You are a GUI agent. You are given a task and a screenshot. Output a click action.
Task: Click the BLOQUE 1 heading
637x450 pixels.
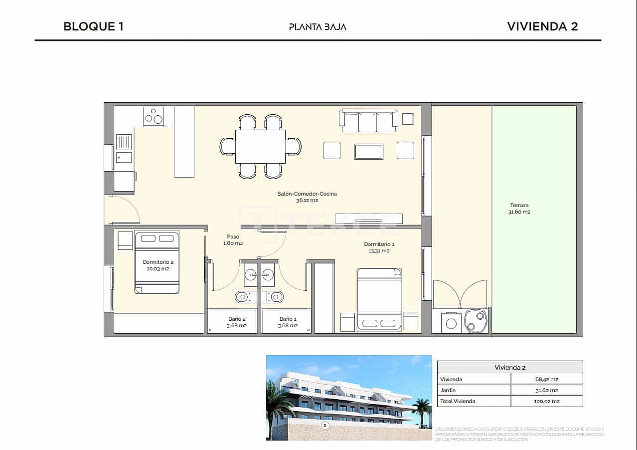93,26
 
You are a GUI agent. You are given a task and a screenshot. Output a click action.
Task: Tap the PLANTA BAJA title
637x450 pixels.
318,27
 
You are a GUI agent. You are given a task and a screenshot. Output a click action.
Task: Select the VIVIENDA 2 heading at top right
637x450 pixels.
542,26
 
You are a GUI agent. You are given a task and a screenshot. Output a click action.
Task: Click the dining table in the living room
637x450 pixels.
260,146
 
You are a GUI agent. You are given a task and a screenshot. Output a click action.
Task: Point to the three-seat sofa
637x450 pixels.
368,121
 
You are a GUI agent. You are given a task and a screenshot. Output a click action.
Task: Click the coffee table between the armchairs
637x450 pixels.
368,151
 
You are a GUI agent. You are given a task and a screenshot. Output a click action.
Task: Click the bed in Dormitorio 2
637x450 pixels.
157,262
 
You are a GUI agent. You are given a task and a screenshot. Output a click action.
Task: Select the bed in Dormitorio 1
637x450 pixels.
379,299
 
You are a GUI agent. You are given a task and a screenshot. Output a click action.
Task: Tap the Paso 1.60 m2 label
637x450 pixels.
233,240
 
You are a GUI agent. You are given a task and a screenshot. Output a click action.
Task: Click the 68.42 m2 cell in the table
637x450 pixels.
546,379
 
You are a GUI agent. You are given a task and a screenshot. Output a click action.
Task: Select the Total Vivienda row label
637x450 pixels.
458,401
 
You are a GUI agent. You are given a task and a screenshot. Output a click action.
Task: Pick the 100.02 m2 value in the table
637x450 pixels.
546,401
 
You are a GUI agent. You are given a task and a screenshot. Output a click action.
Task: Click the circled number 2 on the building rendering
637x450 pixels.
325,426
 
